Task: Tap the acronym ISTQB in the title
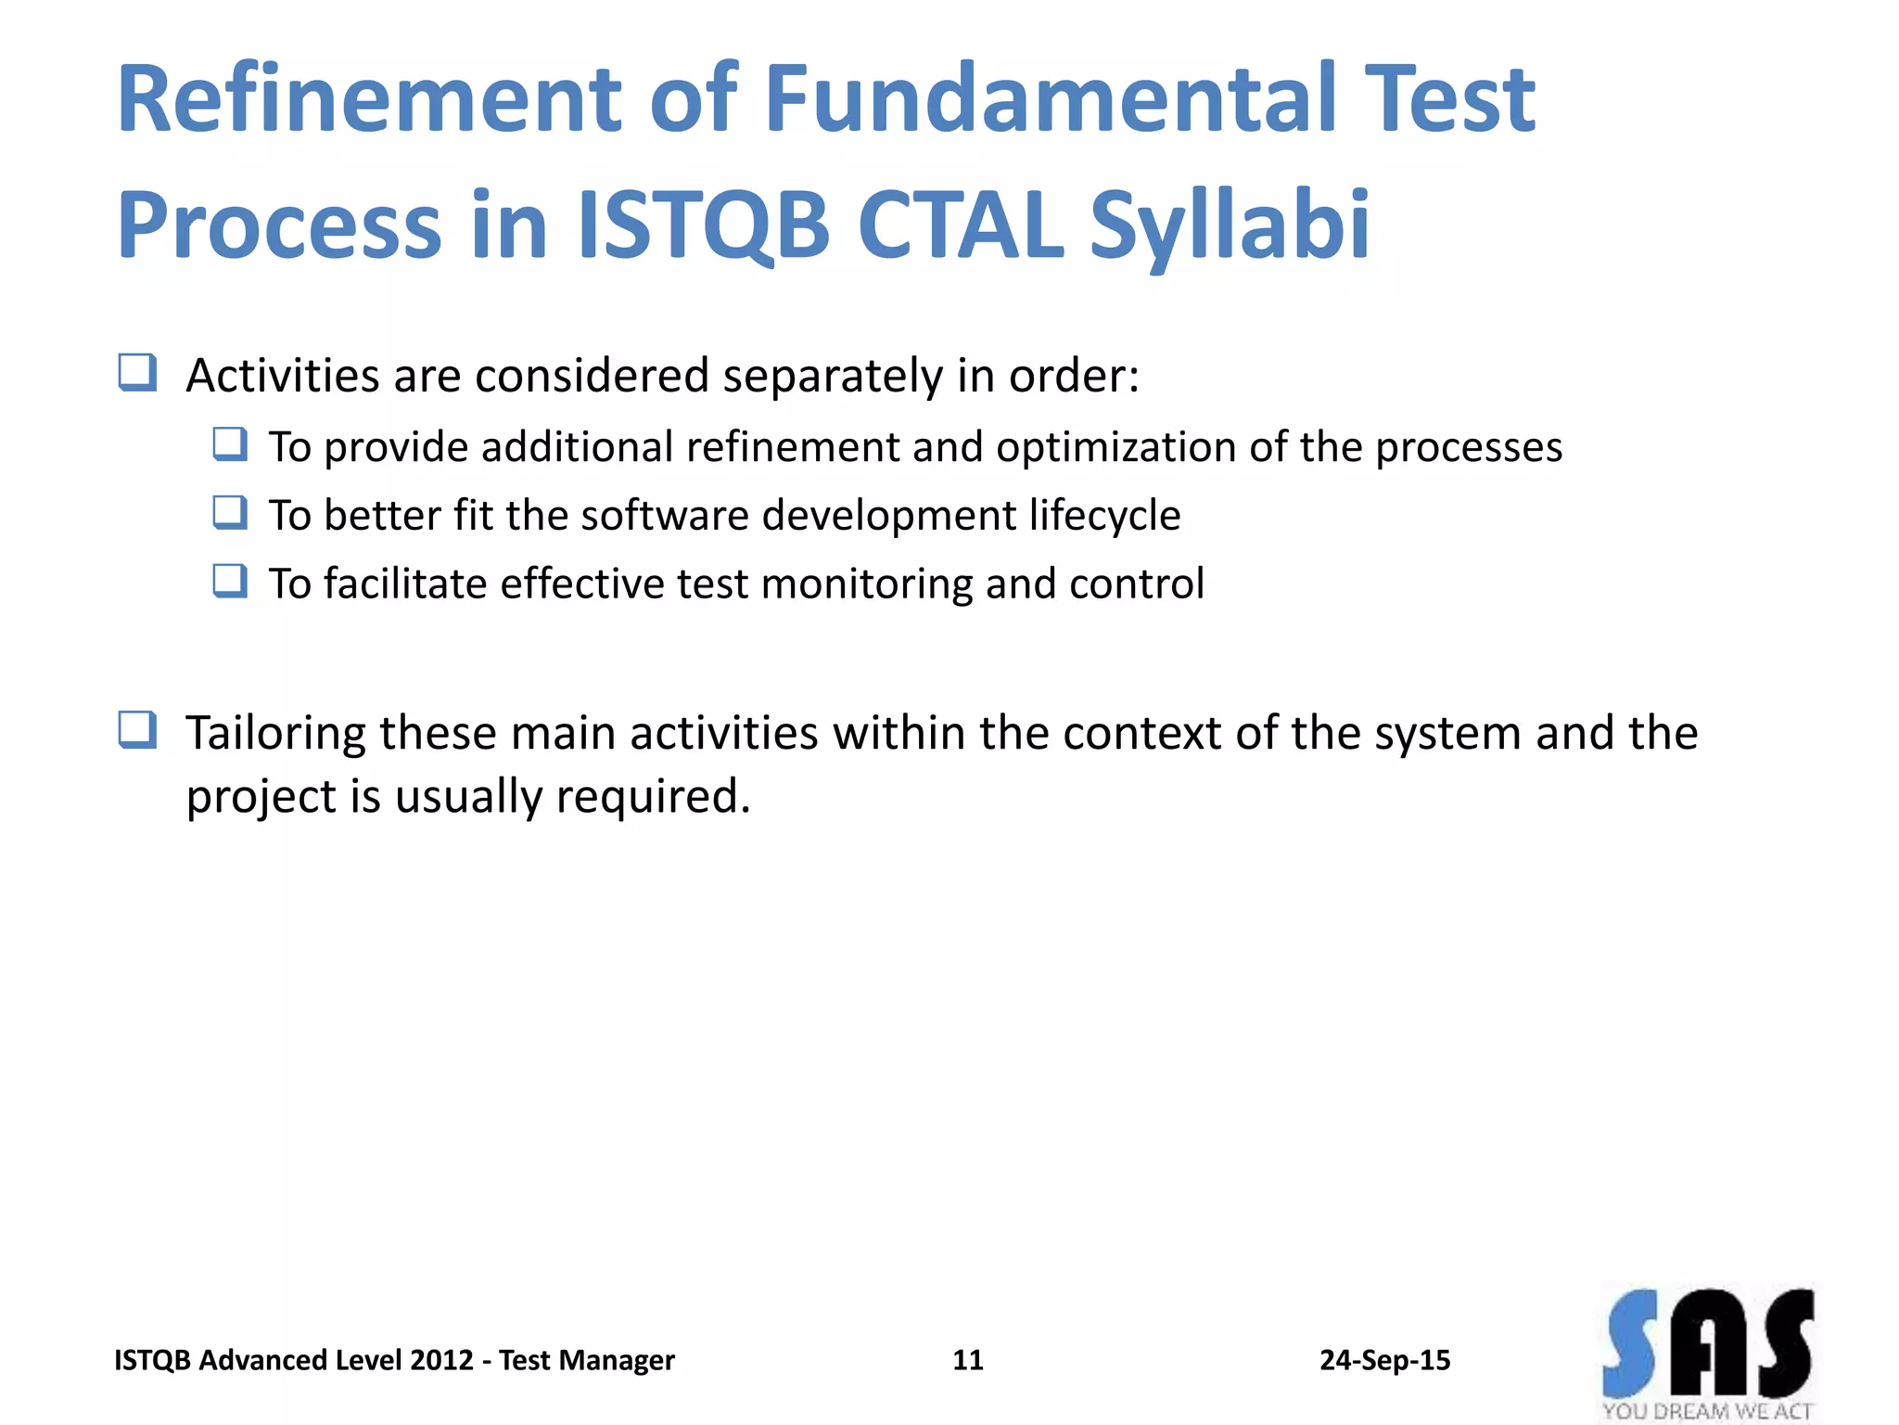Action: click(703, 225)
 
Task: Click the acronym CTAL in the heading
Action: click(960, 225)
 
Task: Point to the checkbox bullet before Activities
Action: click(137, 373)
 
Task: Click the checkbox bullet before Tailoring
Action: click(137, 730)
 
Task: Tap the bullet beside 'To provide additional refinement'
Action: click(230, 444)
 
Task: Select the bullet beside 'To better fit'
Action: click(230, 512)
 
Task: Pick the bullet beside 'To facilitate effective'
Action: click(230, 581)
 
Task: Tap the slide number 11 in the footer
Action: click(967, 1360)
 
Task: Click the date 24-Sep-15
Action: click(1384, 1360)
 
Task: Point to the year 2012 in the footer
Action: click(441, 1360)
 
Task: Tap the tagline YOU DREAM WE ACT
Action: click(1707, 1411)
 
